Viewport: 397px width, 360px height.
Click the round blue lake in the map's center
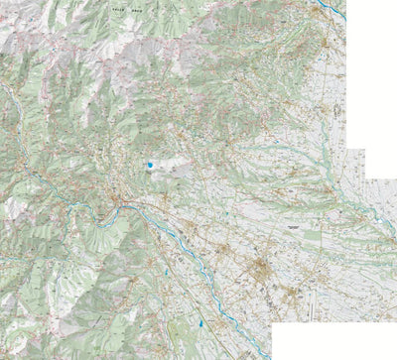tap(148, 165)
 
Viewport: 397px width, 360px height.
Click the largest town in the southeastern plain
tap(263, 268)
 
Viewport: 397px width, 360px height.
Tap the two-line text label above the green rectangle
tap(292, 227)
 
